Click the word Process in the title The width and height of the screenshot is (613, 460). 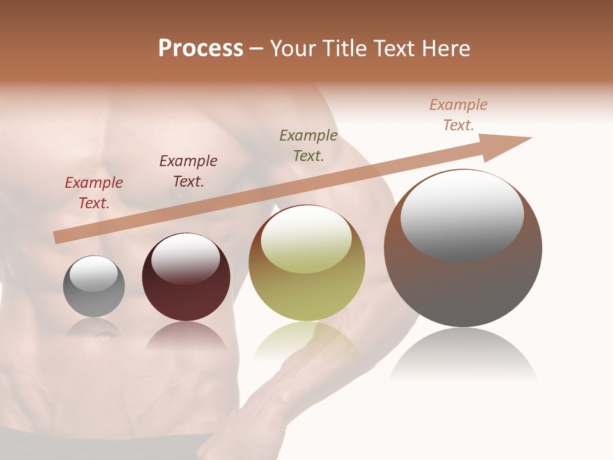[201, 49]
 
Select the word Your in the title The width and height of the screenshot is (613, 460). [294, 49]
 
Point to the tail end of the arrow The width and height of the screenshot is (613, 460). [57, 237]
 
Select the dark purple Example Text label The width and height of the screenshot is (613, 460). [188, 171]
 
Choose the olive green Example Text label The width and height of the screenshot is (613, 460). [308, 146]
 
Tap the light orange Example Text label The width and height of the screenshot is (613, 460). [458, 115]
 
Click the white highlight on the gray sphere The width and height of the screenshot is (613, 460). [93, 273]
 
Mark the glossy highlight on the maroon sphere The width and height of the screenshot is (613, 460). [185, 258]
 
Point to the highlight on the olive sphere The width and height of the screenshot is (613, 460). [306, 240]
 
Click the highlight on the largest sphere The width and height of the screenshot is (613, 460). [462, 214]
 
